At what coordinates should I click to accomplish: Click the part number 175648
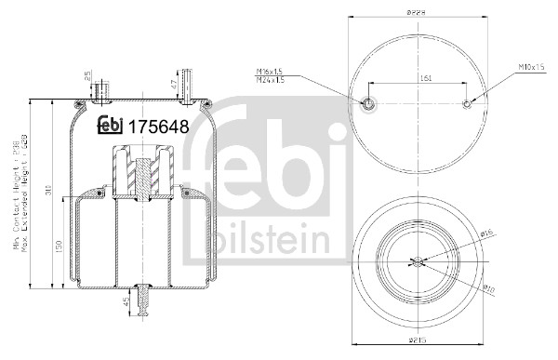coord(158,127)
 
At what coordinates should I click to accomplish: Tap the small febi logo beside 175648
coord(111,127)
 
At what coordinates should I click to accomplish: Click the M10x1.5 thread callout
coord(531,68)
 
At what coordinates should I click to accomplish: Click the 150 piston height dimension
coord(58,246)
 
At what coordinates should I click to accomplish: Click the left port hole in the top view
coord(367,103)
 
